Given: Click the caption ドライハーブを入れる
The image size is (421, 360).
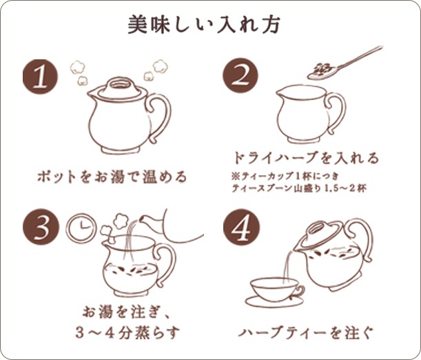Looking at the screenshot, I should coord(305,158).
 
